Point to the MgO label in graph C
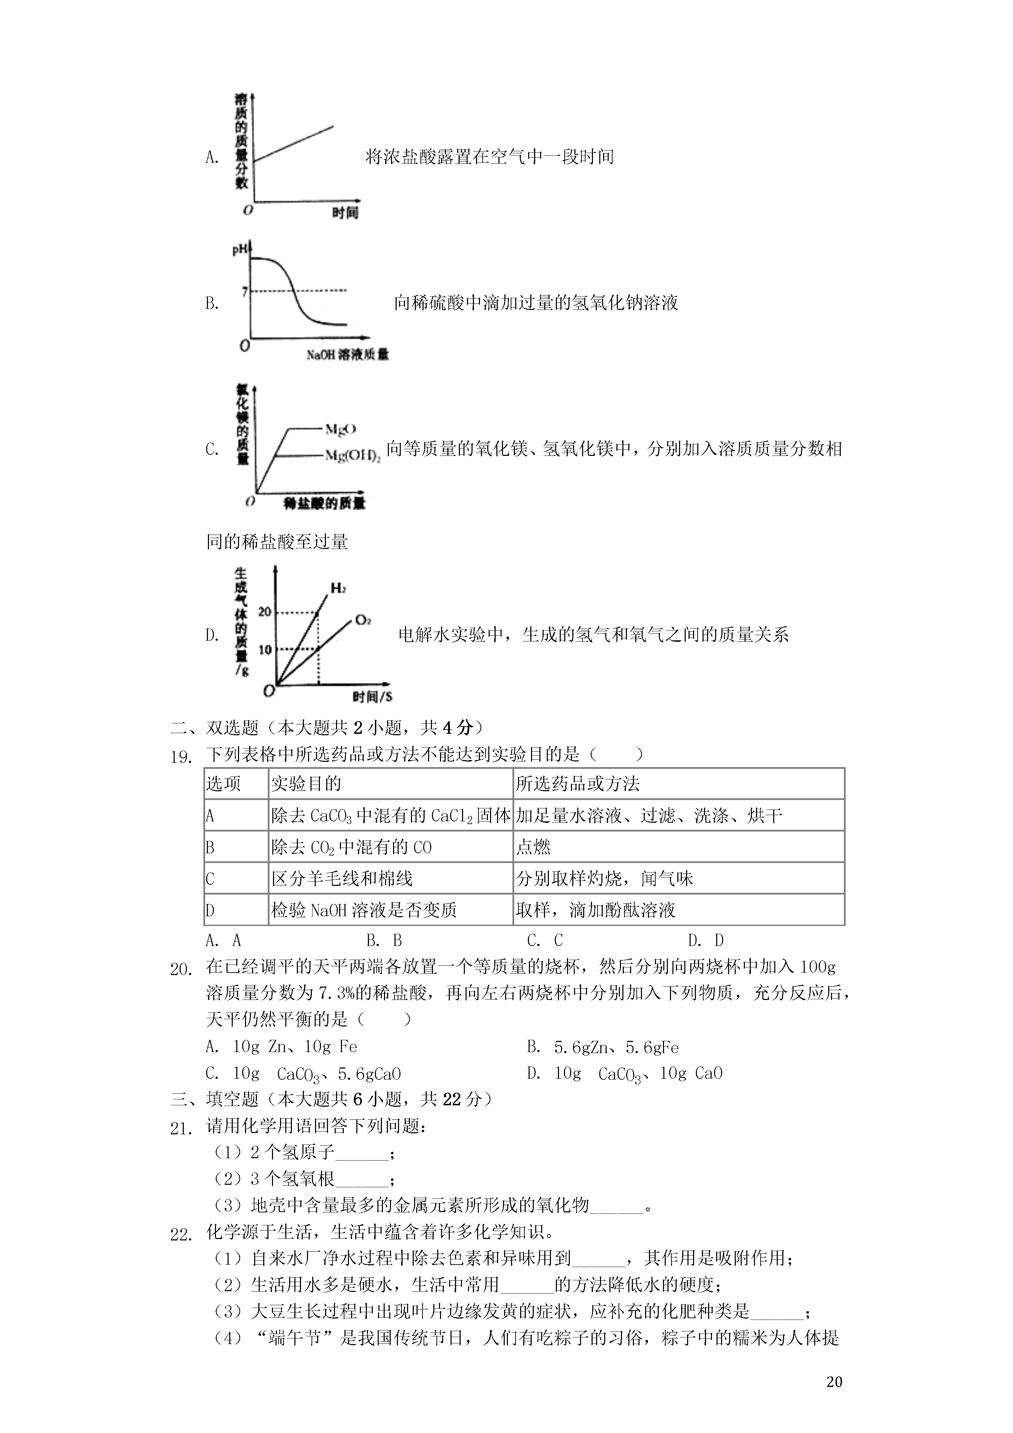(341, 429)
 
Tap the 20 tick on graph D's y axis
(265, 612)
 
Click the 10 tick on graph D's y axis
(265, 650)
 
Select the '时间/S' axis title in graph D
(372, 696)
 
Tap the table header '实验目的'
(307, 784)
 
